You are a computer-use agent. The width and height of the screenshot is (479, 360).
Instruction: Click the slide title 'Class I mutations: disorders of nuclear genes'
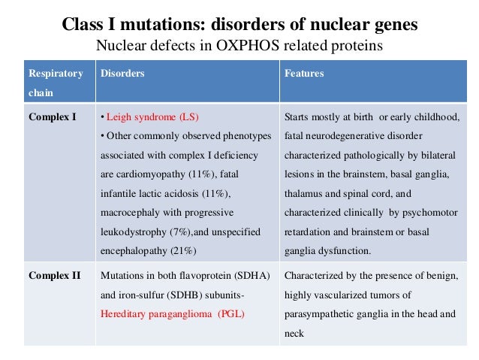(239, 24)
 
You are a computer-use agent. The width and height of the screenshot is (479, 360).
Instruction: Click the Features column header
(303, 74)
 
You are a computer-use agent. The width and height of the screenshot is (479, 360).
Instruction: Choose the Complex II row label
(54, 275)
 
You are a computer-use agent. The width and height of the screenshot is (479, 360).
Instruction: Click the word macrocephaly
(130, 212)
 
